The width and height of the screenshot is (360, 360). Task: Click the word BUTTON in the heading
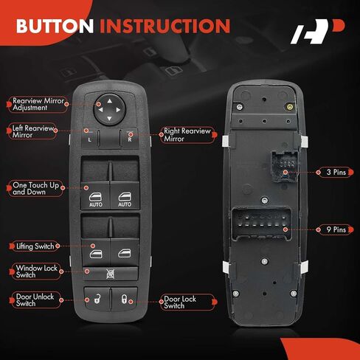tap(55, 26)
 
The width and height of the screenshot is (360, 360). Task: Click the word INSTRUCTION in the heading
tap(165, 26)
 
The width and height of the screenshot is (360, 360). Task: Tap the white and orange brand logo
tap(317, 32)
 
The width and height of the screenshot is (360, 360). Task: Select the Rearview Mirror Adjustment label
tap(38, 104)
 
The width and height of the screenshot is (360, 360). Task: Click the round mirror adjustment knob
tap(109, 109)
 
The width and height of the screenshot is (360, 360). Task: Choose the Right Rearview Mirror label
tap(188, 135)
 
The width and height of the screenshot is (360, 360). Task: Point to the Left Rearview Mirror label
tap(32, 131)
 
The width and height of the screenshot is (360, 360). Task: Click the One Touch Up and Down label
tap(35, 188)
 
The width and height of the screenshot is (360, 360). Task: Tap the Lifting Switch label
tap(35, 246)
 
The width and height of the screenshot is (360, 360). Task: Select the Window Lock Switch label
tap(36, 271)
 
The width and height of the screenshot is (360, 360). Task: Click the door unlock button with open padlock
tap(97, 299)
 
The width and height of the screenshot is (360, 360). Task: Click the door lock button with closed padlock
tap(124, 299)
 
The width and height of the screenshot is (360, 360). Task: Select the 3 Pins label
tap(335, 173)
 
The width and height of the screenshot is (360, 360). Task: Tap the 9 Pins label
tap(335, 229)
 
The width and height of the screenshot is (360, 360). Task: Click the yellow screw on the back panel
tap(290, 107)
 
